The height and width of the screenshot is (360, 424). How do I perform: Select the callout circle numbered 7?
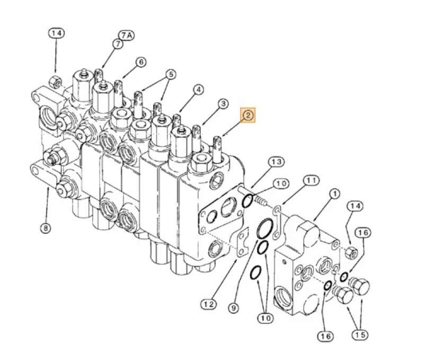click(x=117, y=45)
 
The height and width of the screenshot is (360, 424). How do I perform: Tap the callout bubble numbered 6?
click(x=140, y=62)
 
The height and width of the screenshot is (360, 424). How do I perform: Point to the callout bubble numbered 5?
click(x=170, y=74)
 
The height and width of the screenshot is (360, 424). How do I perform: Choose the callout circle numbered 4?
click(x=198, y=90)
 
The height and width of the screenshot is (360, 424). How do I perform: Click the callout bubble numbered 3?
click(x=223, y=103)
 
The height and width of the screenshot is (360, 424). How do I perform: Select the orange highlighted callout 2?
click(x=248, y=115)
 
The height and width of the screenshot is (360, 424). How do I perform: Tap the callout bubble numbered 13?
click(x=276, y=161)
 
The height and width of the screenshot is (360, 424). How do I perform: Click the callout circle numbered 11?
click(x=311, y=181)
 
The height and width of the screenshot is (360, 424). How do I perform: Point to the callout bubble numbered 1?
click(x=334, y=194)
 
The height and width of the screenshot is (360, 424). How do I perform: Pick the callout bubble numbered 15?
click(x=361, y=335)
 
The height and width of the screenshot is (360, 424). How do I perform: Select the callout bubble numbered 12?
click(x=208, y=304)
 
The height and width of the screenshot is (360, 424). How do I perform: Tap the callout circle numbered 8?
click(x=46, y=229)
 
